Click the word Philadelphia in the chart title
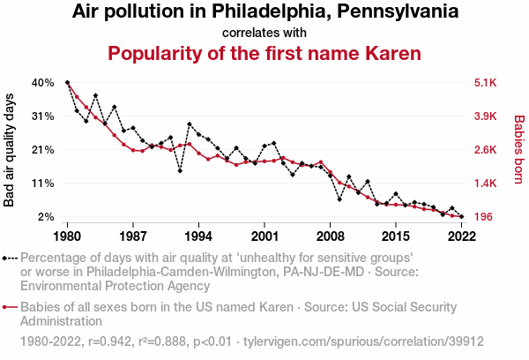(x=236, y=12)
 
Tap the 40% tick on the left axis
(x=43, y=83)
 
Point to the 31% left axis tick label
(x=43, y=116)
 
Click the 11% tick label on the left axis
(x=43, y=184)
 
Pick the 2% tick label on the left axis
(x=46, y=217)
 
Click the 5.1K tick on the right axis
(x=486, y=83)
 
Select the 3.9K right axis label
(x=486, y=116)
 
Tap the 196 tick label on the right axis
(x=484, y=217)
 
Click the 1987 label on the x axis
(x=133, y=236)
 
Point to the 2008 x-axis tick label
(x=330, y=236)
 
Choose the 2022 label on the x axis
(x=461, y=236)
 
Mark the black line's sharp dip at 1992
(x=180, y=170)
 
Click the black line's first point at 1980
(x=68, y=83)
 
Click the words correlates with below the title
(x=264, y=33)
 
